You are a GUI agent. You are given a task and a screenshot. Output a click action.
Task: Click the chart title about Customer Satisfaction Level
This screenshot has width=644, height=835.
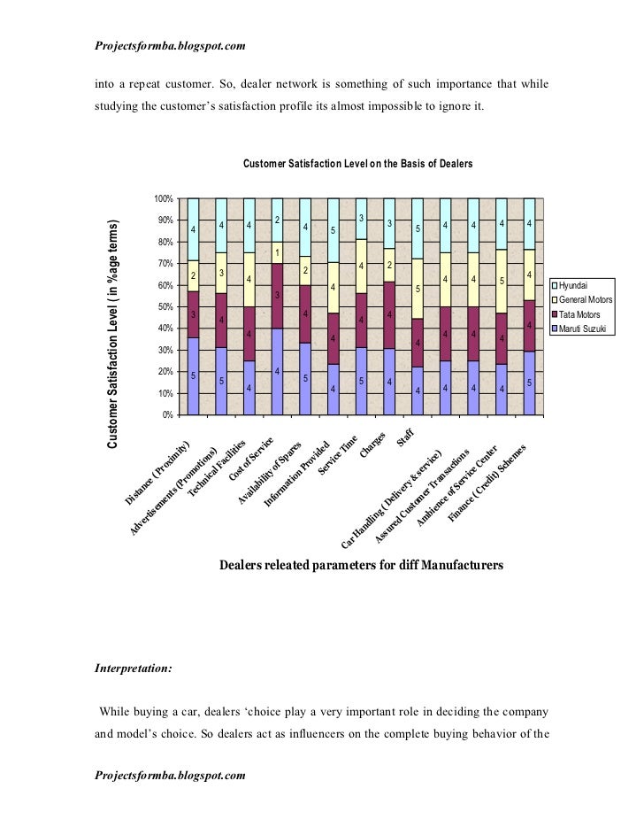357,164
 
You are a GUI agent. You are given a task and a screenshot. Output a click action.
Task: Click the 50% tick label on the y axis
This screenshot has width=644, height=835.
163,306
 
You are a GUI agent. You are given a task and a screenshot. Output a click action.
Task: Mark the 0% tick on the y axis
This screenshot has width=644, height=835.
165,414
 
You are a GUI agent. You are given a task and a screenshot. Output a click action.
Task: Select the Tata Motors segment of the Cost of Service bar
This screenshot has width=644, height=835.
276,296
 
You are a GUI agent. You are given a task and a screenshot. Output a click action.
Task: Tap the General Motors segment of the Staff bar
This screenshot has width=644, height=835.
417,289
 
